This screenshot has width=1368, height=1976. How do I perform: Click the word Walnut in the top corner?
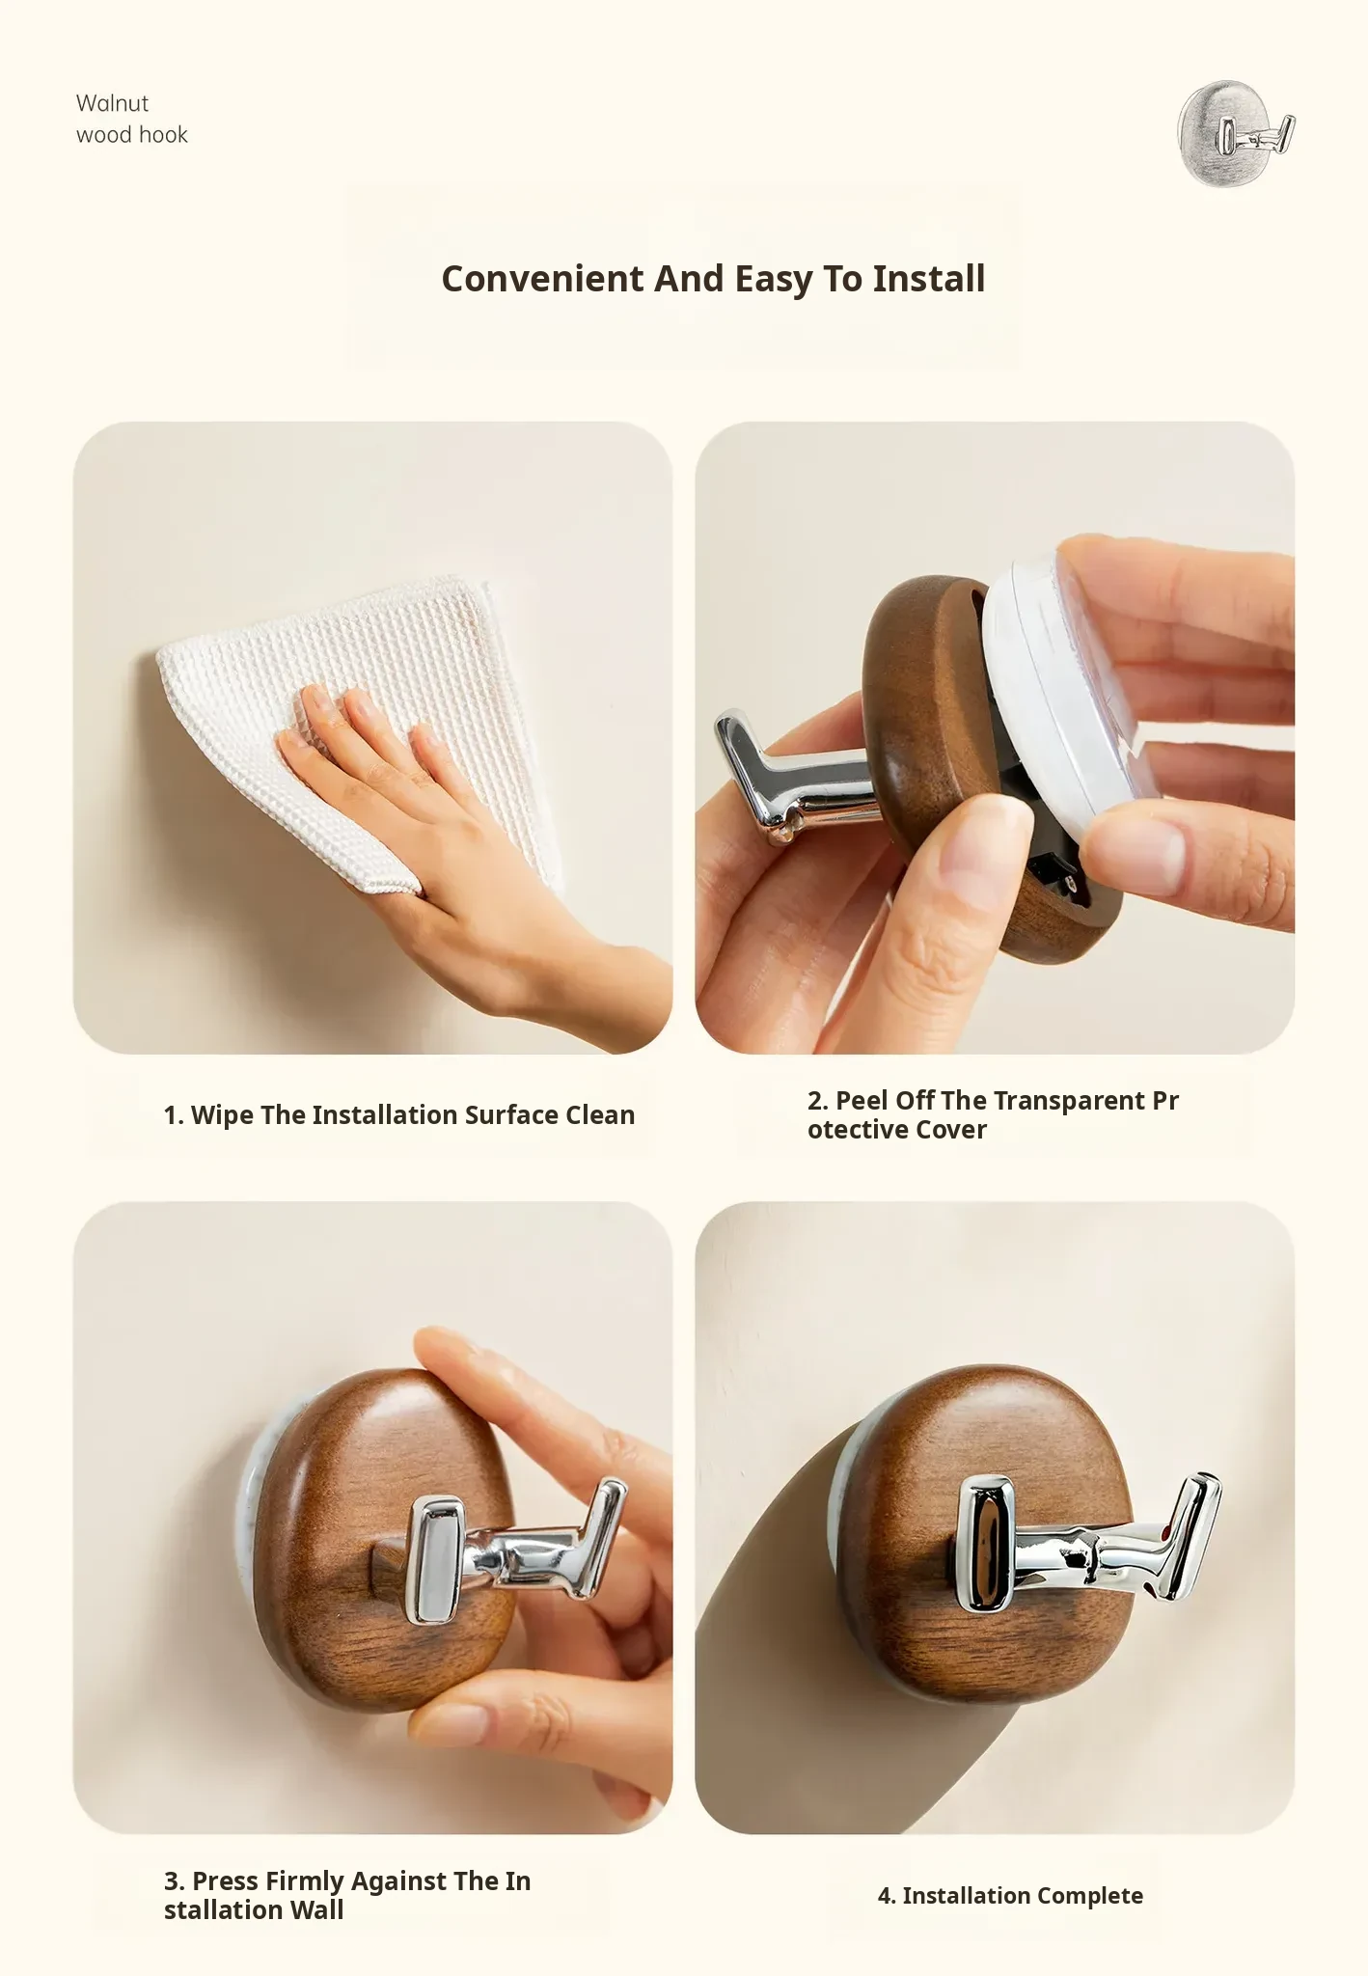coord(112,103)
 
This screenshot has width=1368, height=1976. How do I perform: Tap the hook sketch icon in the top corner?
coord(1236,133)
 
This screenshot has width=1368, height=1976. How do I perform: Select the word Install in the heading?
coord(928,279)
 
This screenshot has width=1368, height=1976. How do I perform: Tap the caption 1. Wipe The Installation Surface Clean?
coord(399,1115)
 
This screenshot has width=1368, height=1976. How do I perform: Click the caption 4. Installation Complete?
coord(1010,1896)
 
